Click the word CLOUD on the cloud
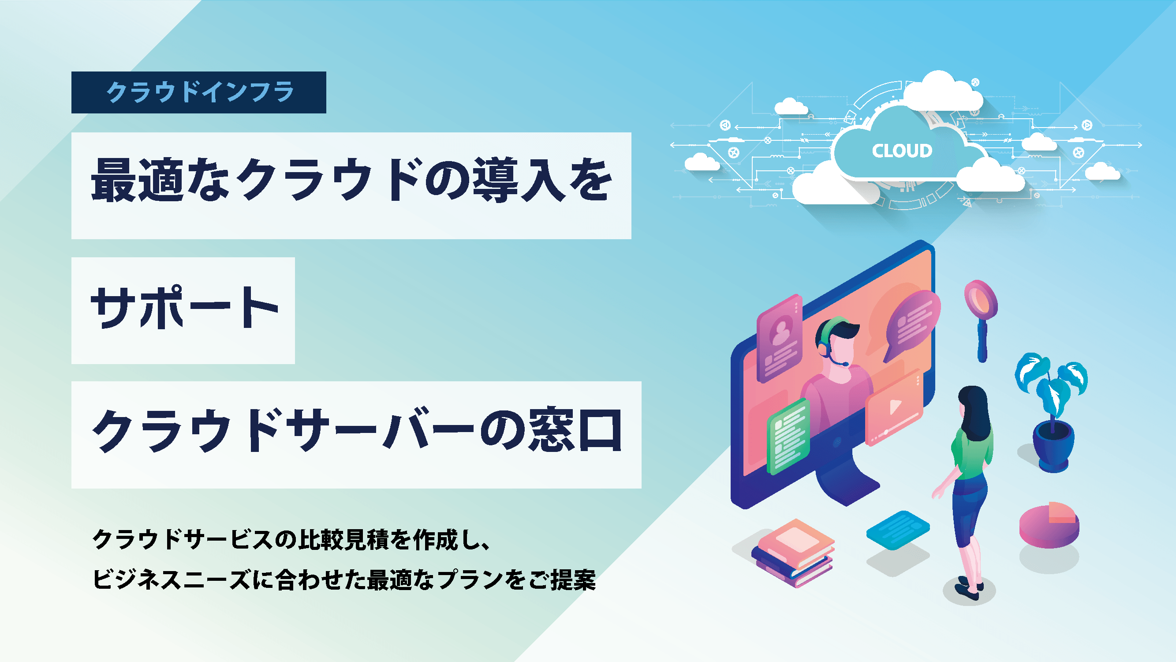(x=902, y=151)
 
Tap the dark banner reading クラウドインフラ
(x=198, y=92)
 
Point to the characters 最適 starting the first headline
(x=137, y=181)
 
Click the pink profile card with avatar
(x=780, y=338)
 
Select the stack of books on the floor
(x=793, y=553)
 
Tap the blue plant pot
(x=1053, y=445)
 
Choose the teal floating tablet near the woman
(x=897, y=530)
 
